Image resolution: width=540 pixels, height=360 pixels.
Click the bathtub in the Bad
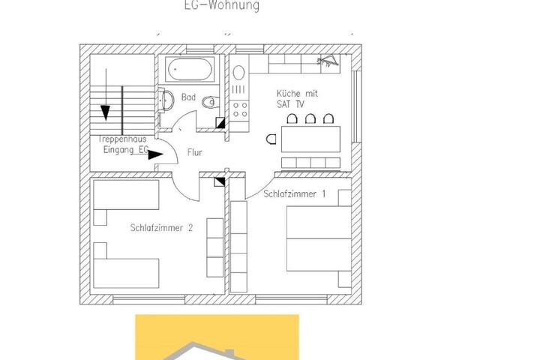point(190,70)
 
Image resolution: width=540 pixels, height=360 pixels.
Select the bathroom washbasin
point(166,100)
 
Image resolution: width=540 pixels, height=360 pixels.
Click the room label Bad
point(188,97)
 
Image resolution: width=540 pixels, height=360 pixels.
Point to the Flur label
point(194,152)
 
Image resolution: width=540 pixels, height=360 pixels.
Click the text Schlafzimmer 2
point(161,228)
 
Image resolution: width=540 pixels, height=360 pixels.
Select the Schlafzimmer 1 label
point(295,193)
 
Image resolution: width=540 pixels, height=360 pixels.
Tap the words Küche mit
point(297,93)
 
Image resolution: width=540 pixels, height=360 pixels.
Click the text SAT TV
point(290,104)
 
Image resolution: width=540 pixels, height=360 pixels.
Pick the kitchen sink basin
point(238,73)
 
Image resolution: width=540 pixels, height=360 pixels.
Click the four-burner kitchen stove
point(240,109)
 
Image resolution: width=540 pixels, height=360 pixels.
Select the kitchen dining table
point(310,139)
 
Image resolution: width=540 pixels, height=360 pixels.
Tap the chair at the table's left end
point(271,139)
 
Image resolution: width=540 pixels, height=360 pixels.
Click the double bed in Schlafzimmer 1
point(319,238)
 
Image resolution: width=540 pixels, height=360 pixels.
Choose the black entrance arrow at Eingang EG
point(156,155)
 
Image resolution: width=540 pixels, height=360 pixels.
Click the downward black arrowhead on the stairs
point(106,113)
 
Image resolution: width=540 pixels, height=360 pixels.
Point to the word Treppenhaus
point(122,139)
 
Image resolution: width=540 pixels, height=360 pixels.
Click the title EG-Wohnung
point(222,5)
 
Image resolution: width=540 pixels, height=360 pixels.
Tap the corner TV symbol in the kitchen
point(328,61)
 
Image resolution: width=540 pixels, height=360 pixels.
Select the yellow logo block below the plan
point(217,337)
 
